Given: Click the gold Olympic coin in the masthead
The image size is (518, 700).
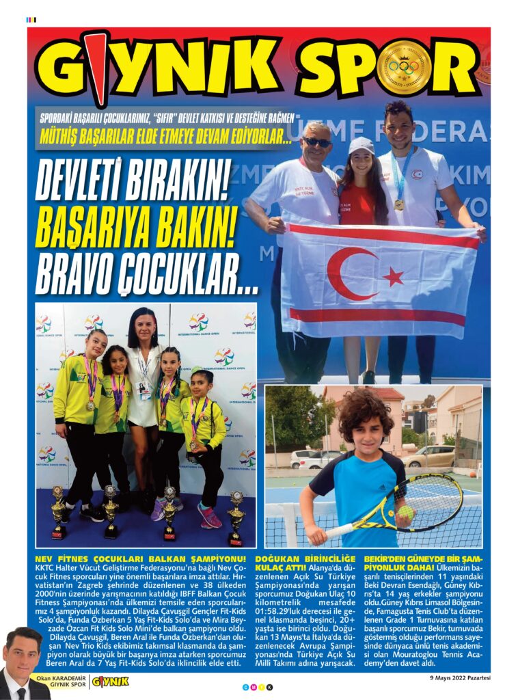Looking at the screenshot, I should point(404,67).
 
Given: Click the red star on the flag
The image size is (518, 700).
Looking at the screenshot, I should point(392,277).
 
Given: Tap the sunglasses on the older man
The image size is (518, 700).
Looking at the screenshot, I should point(316,142).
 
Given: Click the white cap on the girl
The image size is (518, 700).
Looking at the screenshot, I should point(361,145).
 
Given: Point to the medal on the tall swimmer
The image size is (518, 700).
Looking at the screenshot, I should point(399,204).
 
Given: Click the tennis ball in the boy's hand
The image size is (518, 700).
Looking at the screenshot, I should point(406,512).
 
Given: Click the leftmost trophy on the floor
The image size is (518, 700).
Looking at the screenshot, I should point(58,512).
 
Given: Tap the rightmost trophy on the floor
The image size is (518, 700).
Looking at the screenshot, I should point(236,517).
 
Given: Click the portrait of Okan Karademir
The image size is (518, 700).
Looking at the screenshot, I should point(25,662).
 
